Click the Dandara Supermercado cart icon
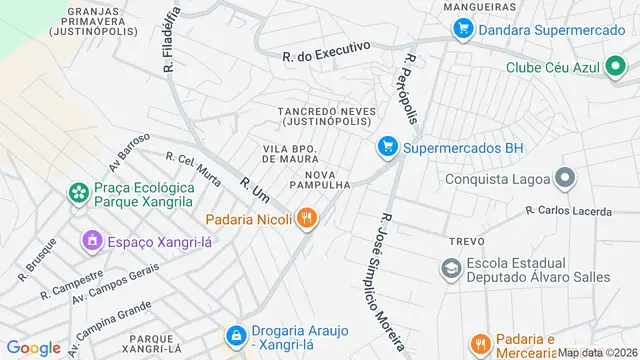[x=462, y=30]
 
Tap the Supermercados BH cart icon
[x=388, y=148]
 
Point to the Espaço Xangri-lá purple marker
[x=92, y=241]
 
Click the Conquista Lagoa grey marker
[x=565, y=180]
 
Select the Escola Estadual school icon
[x=452, y=267]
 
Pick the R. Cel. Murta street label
[x=193, y=171]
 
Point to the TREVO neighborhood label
[x=466, y=242]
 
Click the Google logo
[x=33, y=348]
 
